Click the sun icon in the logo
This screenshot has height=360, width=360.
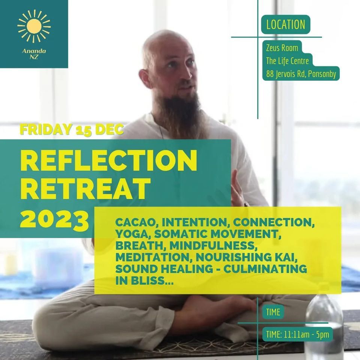click(x=34, y=26)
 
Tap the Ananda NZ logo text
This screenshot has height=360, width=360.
click(x=34, y=54)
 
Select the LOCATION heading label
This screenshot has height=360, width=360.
click(x=285, y=25)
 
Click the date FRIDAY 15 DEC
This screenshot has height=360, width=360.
click(x=71, y=129)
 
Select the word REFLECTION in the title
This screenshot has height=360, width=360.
click(x=108, y=160)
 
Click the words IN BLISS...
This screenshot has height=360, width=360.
click(x=144, y=281)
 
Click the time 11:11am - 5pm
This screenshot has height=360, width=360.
click(x=297, y=334)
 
